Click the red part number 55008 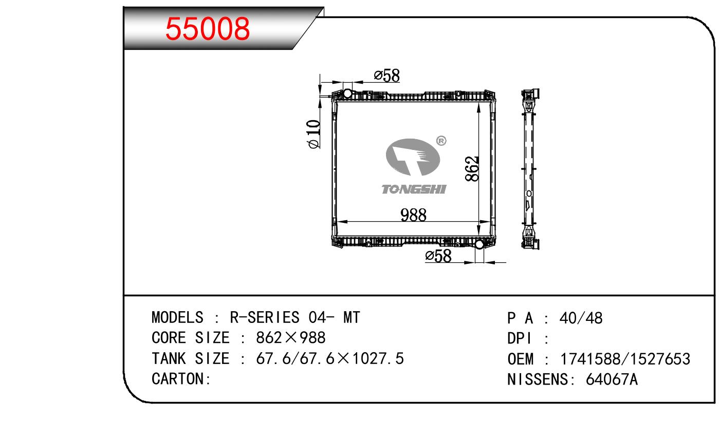207,29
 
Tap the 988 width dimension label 413,215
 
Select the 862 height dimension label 472,169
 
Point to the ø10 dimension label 314,134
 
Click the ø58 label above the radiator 387,75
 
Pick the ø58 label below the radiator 438,256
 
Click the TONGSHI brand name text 414,189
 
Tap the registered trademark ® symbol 441,141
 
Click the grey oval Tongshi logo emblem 413,157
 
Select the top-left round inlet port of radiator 347,93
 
